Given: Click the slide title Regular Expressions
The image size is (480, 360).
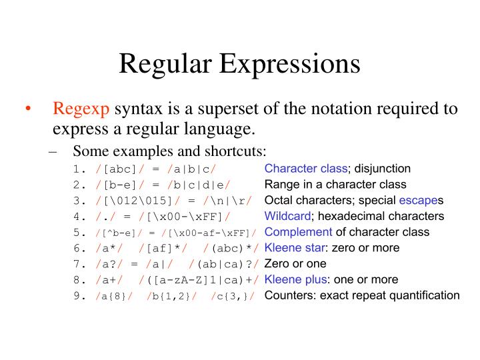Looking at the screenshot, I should point(240,64).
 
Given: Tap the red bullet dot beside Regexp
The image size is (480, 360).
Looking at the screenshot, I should point(27,109).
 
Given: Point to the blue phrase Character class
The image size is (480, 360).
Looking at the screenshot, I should point(306,168).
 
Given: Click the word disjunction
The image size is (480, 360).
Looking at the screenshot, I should point(383,168).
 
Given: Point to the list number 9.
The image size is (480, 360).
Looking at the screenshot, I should point(79,296).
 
